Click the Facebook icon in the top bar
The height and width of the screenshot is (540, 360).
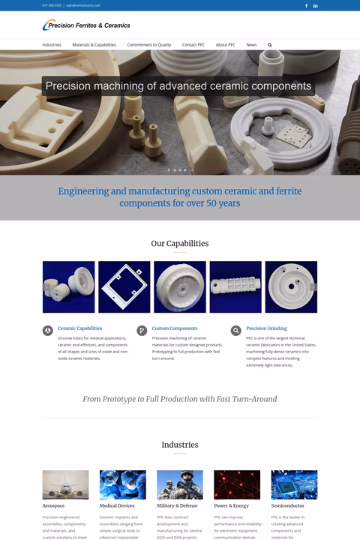click(306, 5)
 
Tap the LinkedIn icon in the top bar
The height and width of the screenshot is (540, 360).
click(315, 5)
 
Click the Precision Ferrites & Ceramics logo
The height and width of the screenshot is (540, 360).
click(86, 25)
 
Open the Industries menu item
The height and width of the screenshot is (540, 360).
click(52, 45)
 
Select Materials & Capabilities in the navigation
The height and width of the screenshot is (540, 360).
click(94, 45)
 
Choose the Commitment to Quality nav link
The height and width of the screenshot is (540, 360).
click(149, 45)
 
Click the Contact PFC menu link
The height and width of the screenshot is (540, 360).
click(193, 45)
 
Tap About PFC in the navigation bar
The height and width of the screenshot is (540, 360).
click(226, 45)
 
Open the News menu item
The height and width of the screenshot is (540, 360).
click(251, 45)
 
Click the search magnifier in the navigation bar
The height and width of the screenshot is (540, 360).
click(270, 45)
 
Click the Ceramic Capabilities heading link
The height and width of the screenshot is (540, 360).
click(79, 328)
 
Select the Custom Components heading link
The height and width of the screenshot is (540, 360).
click(175, 328)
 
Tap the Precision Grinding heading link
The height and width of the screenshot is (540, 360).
click(266, 328)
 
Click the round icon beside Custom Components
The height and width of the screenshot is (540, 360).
click(142, 331)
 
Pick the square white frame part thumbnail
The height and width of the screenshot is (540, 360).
click(124, 286)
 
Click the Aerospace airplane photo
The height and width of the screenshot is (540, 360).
click(65, 484)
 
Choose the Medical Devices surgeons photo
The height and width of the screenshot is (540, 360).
click(122, 484)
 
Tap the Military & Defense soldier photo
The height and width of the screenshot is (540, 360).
click(179, 484)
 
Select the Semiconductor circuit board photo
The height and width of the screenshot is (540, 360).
click(294, 484)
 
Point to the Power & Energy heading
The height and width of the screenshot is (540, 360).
click(231, 506)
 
